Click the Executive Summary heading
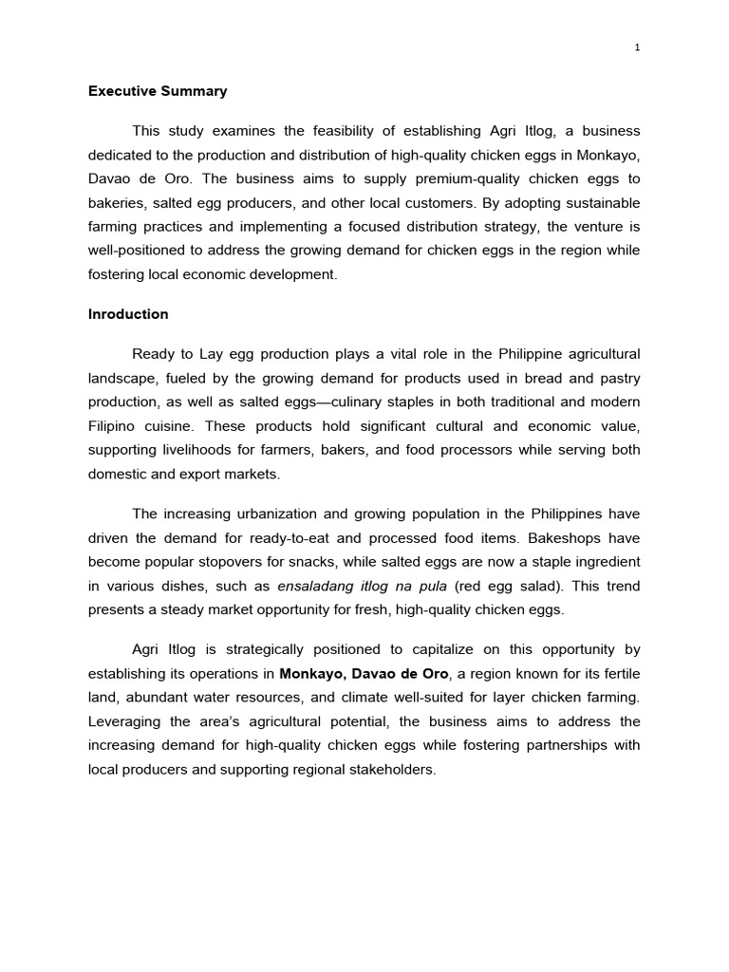click(158, 92)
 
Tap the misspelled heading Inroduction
click(128, 314)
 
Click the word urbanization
click(265, 514)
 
